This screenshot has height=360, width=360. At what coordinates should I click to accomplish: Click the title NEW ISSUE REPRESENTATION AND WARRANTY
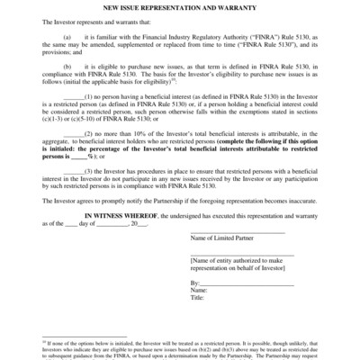click(179, 7)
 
